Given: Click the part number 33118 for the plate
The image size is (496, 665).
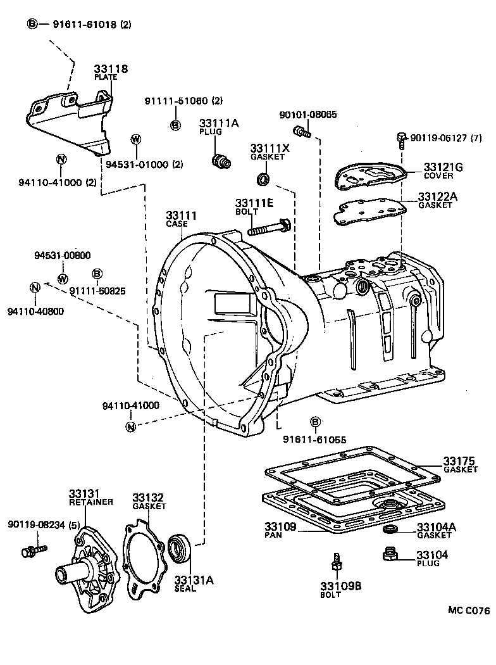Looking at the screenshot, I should (x=111, y=68).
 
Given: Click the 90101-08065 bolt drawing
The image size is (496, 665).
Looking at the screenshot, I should (x=302, y=132).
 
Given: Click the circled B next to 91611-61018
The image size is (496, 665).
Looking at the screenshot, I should (x=32, y=24).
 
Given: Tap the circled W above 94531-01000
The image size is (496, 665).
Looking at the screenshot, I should (x=135, y=140).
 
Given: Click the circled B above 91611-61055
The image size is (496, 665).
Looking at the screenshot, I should (x=315, y=422).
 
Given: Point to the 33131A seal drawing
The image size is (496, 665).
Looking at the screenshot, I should (x=179, y=548).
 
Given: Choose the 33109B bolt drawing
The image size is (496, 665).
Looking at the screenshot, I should (x=335, y=562).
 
